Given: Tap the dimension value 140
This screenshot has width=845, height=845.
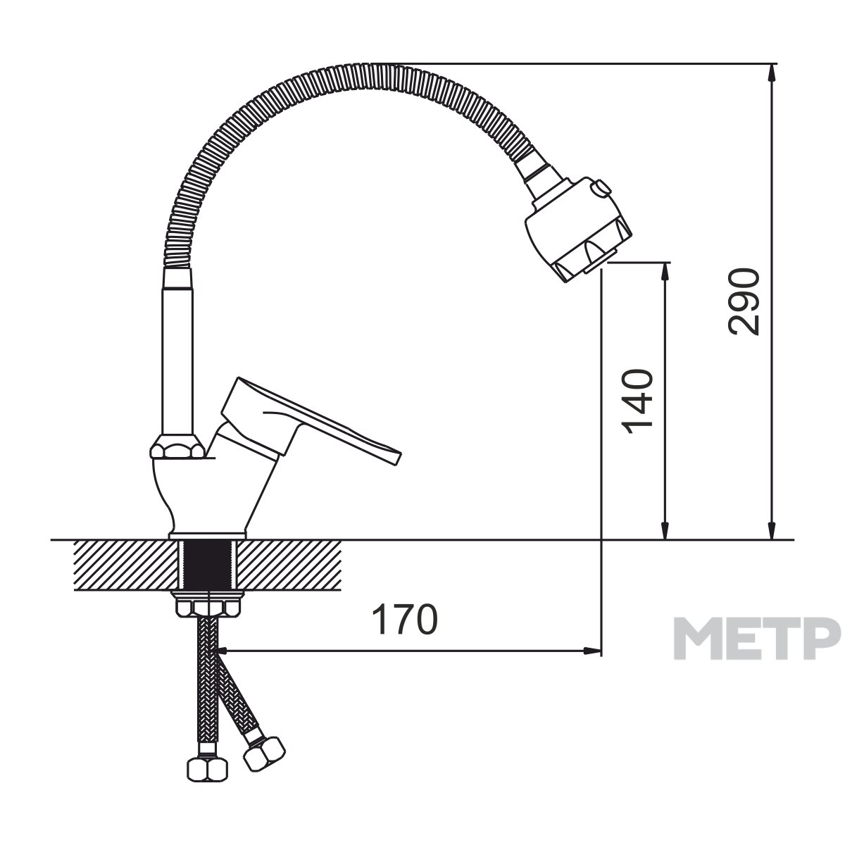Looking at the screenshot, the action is pyautogui.click(x=637, y=402).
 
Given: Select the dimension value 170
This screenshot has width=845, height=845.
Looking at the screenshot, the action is pyautogui.click(x=405, y=619).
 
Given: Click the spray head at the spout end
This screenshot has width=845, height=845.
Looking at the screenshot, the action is pyautogui.click(x=578, y=229).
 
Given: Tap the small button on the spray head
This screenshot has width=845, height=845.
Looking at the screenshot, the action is pyautogui.click(x=601, y=188).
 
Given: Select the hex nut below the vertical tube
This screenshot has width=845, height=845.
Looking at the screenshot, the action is pyautogui.click(x=177, y=446).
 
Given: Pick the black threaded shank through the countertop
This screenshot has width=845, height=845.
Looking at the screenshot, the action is pyautogui.click(x=208, y=565).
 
